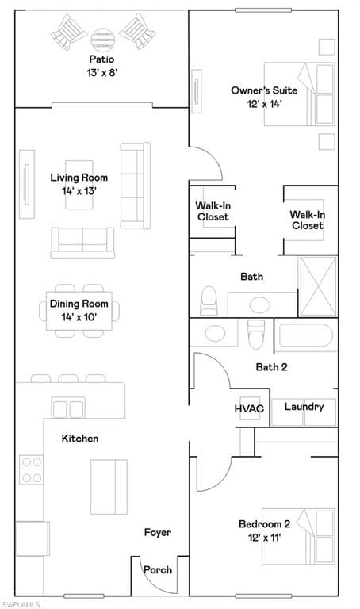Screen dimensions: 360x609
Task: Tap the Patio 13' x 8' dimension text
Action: [x=101, y=73]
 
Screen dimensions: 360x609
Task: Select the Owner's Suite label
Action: [x=264, y=90]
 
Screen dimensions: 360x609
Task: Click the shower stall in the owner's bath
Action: [x=318, y=285]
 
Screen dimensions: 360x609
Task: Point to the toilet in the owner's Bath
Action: [x=209, y=301]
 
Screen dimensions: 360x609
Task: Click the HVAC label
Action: [x=249, y=408]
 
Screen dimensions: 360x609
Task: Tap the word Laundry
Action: [x=304, y=407]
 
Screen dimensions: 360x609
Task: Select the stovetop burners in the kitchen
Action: [x=32, y=469]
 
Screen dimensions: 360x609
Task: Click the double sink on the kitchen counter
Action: [x=68, y=408]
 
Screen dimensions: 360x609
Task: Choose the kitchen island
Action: [x=109, y=487]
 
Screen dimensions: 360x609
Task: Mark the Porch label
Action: [x=158, y=570]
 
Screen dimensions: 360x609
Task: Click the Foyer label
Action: [x=157, y=532]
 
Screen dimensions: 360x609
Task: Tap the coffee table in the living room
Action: [x=79, y=185]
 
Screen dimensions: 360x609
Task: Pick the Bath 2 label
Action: [x=271, y=367]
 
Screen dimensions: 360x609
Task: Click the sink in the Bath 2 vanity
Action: [x=215, y=334]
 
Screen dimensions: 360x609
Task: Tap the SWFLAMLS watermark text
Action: [x=20, y=605]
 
